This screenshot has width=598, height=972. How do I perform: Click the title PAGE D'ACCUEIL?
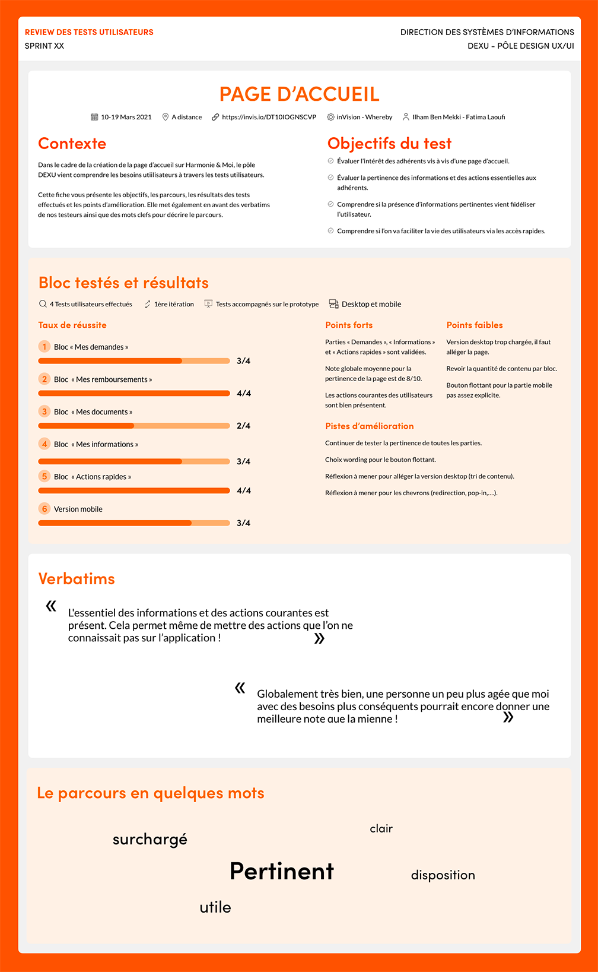[299, 94]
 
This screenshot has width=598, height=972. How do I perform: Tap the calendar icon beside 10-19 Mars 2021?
[94, 117]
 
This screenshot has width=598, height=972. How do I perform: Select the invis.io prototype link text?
[269, 117]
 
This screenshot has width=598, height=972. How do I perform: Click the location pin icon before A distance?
[166, 117]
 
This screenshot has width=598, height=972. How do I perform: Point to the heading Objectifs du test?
[389, 144]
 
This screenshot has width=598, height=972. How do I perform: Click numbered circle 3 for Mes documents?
[44, 411]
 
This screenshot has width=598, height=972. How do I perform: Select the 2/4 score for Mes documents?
[243, 426]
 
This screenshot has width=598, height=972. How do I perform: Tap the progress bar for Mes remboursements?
[134, 393]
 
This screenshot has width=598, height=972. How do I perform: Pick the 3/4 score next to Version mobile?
[243, 523]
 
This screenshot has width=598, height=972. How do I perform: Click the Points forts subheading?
[349, 325]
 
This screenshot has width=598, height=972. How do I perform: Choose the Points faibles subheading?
[475, 325]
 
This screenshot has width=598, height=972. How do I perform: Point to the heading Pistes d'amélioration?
[370, 426]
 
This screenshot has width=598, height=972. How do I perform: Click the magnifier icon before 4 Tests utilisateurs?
[43, 304]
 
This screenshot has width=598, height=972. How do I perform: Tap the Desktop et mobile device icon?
[334, 304]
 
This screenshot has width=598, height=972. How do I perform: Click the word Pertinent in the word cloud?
[282, 872]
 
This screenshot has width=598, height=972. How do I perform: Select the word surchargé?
[150, 840]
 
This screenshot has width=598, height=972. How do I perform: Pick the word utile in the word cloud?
[215, 907]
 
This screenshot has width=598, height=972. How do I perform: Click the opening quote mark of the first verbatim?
[52, 606]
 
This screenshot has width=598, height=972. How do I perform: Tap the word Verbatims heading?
[77, 579]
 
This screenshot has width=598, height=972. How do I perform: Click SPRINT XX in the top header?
[44, 46]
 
